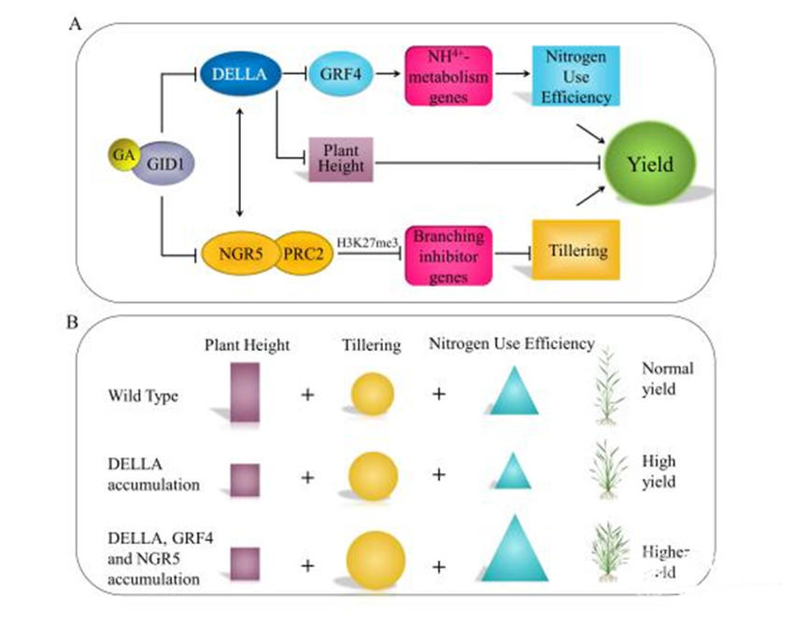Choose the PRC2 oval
302,252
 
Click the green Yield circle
653,165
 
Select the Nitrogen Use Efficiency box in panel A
573,77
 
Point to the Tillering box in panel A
575,250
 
